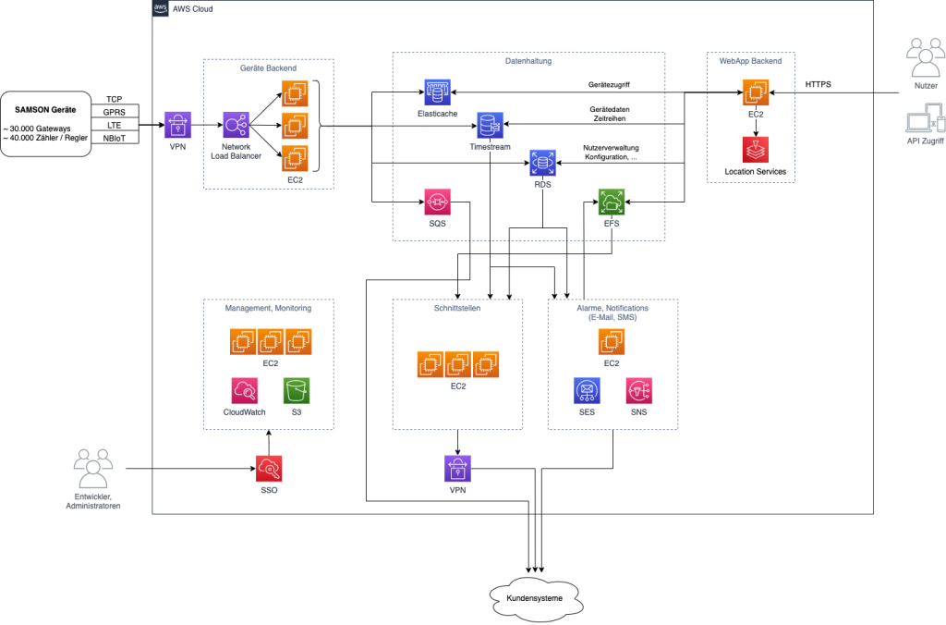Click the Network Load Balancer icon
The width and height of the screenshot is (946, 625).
[236, 125]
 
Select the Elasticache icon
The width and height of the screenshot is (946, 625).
[437, 92]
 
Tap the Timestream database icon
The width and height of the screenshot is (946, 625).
[488, 124]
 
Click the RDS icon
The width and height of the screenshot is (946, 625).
[541, 163]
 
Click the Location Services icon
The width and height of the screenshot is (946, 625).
[755, 150]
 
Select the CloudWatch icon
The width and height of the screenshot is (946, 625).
[245, 390]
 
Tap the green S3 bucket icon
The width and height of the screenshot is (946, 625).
[297, 390]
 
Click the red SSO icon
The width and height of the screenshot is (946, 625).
[269, 467]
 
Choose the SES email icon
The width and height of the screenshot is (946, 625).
[587, 390]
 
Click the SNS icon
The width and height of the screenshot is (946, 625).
[638, 390]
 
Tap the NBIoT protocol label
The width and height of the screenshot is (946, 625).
[115, 138]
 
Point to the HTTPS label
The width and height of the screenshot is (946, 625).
[818, 84]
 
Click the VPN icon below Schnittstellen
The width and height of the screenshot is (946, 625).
[458, 469]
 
